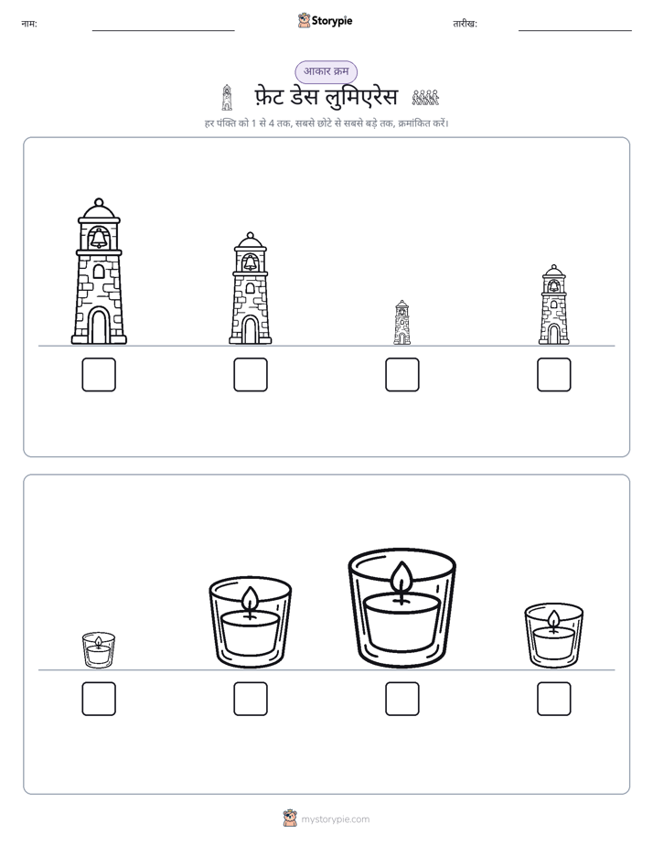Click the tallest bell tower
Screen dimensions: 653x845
99,272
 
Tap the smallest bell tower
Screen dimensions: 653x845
401,323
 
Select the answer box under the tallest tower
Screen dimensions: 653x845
99,375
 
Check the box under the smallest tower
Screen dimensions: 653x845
401,375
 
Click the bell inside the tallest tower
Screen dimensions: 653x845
99,238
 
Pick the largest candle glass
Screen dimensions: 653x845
401,608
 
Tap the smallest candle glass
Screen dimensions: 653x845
99,650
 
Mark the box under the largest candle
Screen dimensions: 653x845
401,699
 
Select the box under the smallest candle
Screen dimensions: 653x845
99,699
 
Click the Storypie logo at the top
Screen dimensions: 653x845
325,21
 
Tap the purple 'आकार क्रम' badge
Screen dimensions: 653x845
326,71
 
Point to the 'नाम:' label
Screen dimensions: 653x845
29,24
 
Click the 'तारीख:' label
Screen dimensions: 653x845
465,24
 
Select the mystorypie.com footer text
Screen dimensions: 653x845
335,819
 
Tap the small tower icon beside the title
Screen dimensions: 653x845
227,98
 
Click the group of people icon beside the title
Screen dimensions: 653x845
425,98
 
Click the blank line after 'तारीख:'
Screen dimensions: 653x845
575,31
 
